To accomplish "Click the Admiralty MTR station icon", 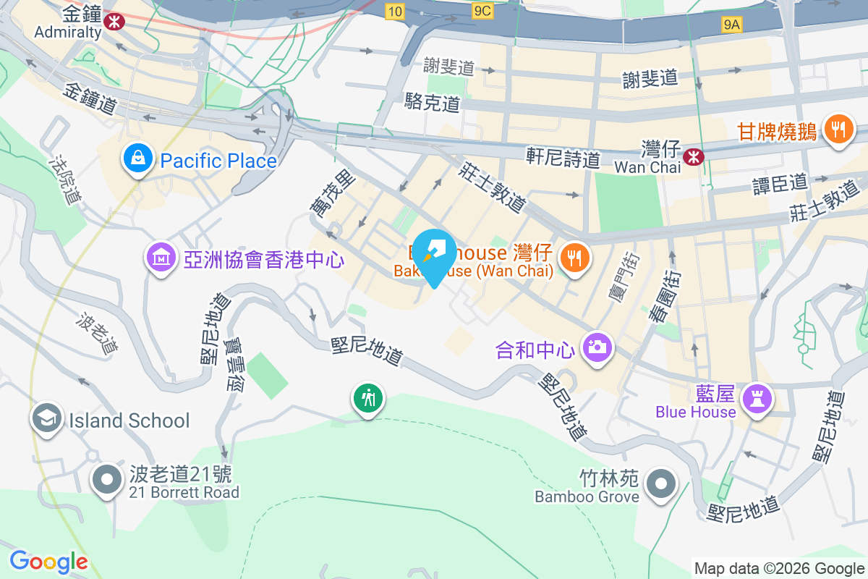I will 113,21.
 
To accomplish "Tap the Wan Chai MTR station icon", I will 694,155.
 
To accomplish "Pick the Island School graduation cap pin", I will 47,419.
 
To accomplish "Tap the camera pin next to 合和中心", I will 597,348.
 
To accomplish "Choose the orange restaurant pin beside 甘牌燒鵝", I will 838,130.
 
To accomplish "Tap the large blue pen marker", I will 433,256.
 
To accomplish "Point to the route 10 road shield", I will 394,12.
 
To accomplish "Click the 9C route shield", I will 482,11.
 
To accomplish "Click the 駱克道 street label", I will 433,103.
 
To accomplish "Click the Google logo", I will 48,562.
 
